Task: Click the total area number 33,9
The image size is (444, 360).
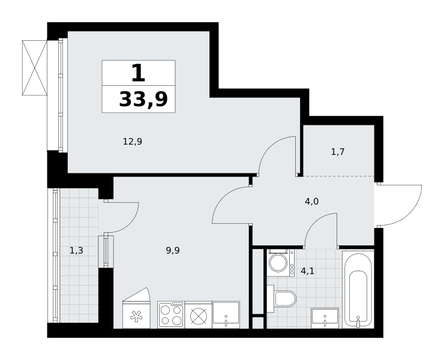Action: pyautogui.click(x=143, y=99)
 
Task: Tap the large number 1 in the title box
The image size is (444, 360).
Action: pyautogui.click(x=139, y=73)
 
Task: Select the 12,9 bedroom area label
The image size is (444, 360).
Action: pyautogui.click(x=132, y=141)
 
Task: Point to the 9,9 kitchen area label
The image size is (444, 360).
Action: pyautogui.click(x=173, y=250)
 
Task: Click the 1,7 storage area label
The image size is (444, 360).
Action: pyautogui.click(x=338, y=152)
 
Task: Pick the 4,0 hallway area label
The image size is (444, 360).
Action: pyautogui.click(x=311, y=202)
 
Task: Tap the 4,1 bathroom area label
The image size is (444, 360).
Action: pyautogui.click(x=307, y=271)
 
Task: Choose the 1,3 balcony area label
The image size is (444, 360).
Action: pyautogui.click(x=76, y=250)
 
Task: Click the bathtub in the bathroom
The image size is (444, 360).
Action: pyautogui.click(x=358, y=289)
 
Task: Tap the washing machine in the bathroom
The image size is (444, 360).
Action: pyautogui.click(x=280, y=263)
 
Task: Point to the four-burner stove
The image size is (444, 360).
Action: pyautogui.click(x=171, y=314)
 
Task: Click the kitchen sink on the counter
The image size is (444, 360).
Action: pyautogui.click(x=226, y=314)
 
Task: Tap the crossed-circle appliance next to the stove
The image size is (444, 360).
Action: pyautogui.click(x=198, y=314)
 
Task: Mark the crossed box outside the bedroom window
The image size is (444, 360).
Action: pyautogui.click(x=35, y=68)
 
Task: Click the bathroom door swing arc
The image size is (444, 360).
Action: pyautogui.click(x=315, y=223)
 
